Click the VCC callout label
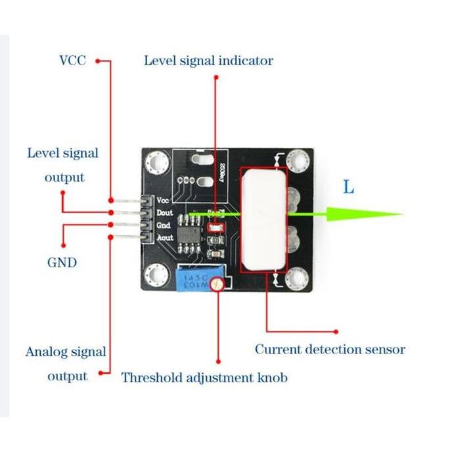tap(72, 61)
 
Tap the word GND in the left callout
tap(62, 263)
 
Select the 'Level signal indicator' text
tap(208, 61)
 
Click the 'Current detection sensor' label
tap(330, 350)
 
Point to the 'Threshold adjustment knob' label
tap(204, 378)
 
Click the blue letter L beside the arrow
tap(348, 187)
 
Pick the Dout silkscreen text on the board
tap(165, 213)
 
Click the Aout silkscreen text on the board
tap(165, 237)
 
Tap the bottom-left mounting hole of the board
tap(156, 274)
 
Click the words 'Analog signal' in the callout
tap(66, 351)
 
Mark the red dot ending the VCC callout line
tap(99, 61)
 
